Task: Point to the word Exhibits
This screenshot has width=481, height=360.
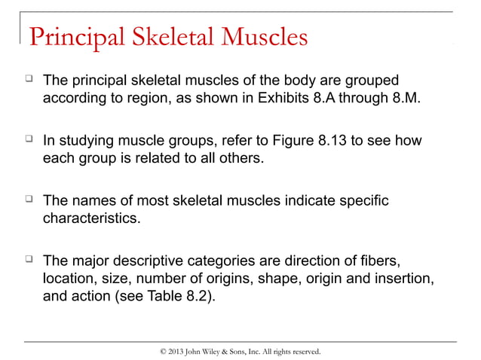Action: (x=290, y=99)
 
